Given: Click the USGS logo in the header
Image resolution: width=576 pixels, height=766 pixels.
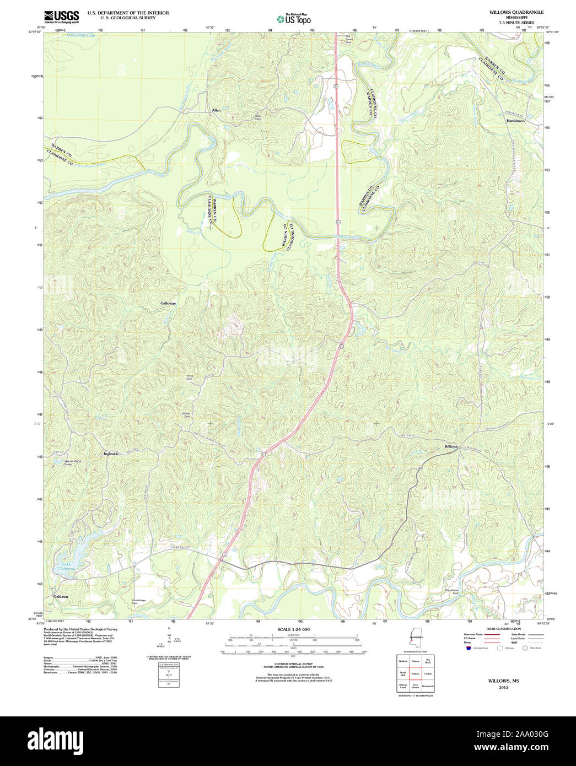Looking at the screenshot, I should [x=61, y=17].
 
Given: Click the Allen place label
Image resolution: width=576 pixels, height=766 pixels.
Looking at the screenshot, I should [x=216, y=110].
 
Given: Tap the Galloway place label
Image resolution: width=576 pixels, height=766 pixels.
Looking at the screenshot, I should [x=168, y=303].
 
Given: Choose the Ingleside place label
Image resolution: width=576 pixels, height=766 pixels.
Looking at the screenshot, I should [x=111, y=454].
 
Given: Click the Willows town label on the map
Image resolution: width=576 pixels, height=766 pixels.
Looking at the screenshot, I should [x=451, y=446].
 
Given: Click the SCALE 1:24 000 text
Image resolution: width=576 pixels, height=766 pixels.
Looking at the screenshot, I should [x=293, y=629].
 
